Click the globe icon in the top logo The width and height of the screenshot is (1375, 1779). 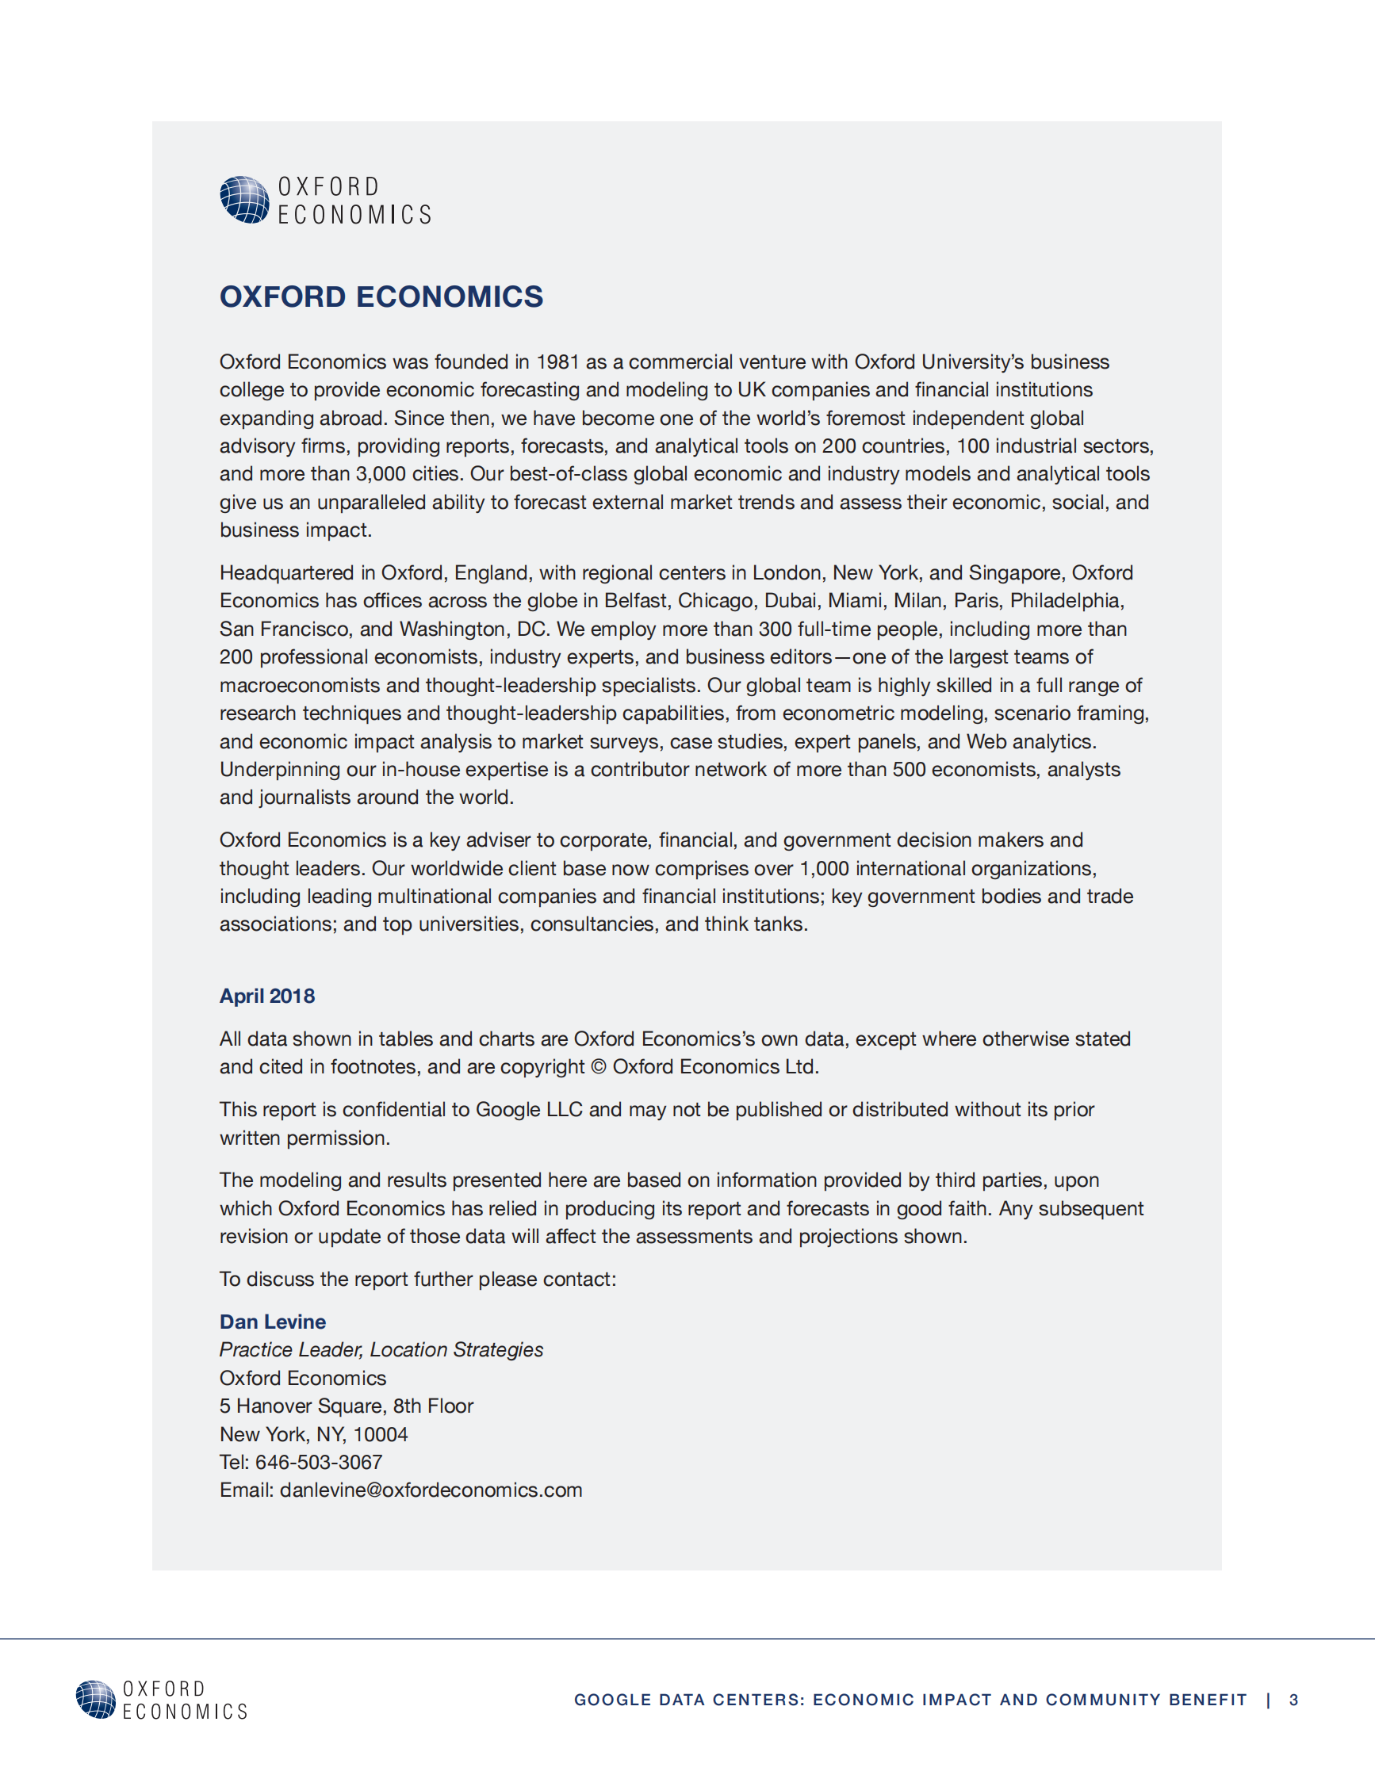click(244, 200)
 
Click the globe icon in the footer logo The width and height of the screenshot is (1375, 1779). click(96, 1699)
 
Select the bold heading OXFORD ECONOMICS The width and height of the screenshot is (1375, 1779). click(381, 296)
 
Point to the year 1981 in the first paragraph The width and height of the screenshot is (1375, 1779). click(558, 362)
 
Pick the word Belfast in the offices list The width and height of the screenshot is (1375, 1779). click(635, 600)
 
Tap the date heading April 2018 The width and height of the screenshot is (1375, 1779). click(267, 996)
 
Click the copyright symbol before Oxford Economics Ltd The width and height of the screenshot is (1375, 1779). click(598, 1067)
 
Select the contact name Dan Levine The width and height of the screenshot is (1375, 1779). click(273, 1322)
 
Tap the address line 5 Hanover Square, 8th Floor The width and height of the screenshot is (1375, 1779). click(347, 1406)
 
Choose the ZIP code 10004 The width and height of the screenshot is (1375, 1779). click(381, 1433)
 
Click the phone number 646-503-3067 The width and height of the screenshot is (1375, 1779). click(319, 1462)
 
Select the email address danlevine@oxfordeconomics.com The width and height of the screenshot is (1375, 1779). click(431, 1490)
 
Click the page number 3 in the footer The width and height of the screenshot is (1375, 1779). click(1293, 1700)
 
